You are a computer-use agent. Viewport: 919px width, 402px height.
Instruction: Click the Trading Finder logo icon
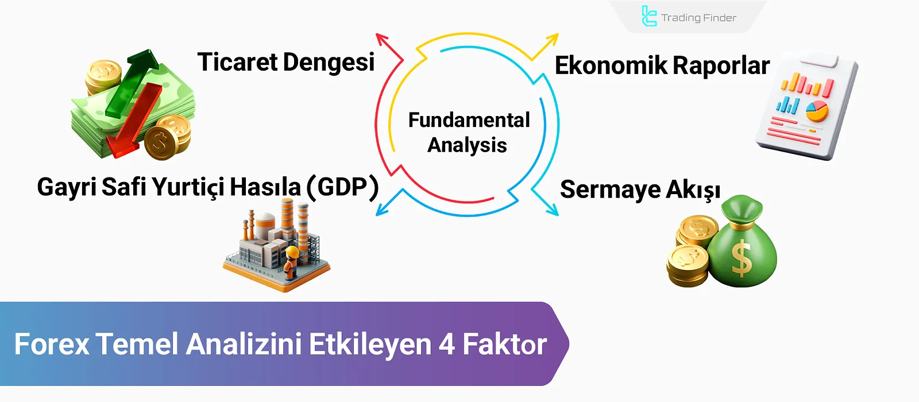[x=648, y=16]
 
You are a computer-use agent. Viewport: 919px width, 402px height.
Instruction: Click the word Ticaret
[x=237, y=62]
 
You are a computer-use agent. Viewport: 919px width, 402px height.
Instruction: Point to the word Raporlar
[x=721, y=66]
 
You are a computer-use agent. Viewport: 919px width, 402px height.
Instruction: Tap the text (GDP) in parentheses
[x=343, y=187]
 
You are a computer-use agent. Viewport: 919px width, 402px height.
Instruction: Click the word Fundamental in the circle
[x=469, y=120]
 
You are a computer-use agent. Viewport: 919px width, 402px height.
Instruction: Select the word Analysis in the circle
[x=467, y=145]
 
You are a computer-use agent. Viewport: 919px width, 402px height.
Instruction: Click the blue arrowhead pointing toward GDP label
[x=381, y=210]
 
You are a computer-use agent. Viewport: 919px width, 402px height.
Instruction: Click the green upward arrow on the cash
[x=137, y=78]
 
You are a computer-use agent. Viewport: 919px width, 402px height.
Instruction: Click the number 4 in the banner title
[x=447, y=344]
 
